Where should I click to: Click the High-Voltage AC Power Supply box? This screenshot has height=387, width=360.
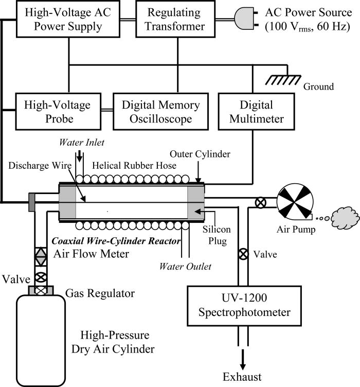coord(68,19)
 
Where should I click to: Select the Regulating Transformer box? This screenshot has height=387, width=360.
coord(177,19)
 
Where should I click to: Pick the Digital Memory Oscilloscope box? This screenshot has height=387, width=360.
coord(160,112)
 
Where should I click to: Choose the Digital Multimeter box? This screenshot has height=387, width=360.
coord(251,112)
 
